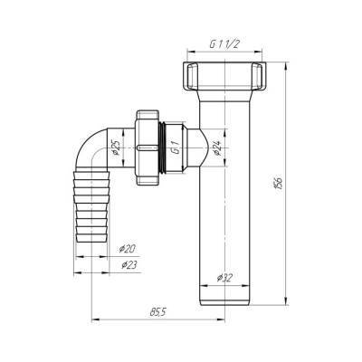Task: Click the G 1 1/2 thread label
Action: [x=224, y=44]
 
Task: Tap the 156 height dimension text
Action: [x=279, y=182]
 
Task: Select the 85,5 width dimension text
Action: [x=158, y=312]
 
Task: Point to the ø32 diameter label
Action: [x=224, y=277]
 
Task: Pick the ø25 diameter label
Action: [x=117, y=148]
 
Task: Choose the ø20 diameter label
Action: [x=127, y=249]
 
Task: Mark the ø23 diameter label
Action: [x=129, y=265]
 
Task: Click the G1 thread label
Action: [x=175, y=148]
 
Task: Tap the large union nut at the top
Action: [x=224, y=75]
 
